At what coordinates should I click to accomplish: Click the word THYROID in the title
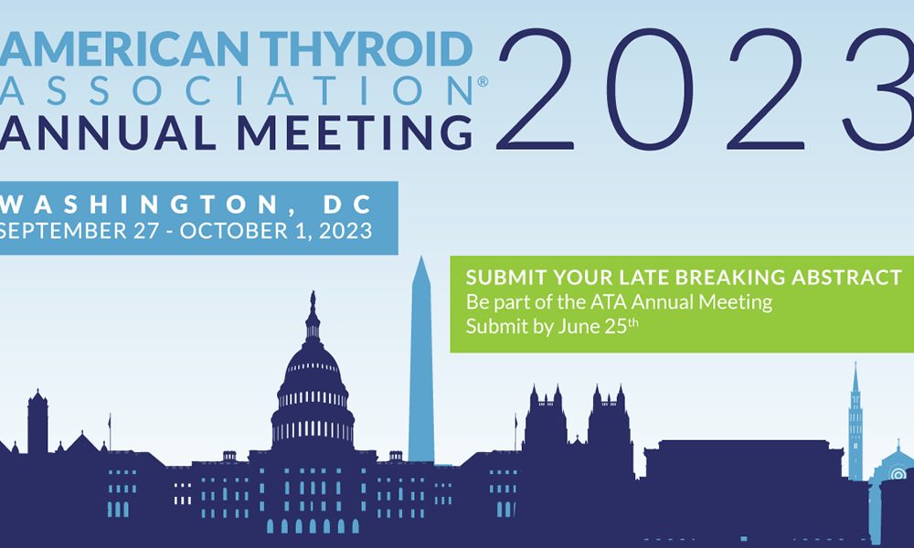tap(367, 49)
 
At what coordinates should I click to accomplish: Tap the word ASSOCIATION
tap(236, 90)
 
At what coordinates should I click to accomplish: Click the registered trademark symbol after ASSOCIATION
tap(483, 82)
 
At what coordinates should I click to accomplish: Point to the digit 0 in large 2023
tap(649, 90)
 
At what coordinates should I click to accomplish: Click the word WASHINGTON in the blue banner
tap(139, 205)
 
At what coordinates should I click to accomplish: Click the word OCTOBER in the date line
tap(234, 230)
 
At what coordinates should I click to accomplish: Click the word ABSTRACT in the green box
tap(846, 278)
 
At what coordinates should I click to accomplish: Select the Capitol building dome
tap(313, 385)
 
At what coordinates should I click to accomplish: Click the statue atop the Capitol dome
tap(313, 301)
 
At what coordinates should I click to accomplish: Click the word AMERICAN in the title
tap(124, 49)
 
